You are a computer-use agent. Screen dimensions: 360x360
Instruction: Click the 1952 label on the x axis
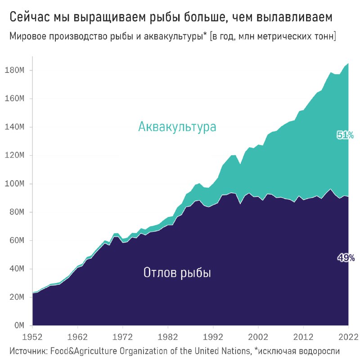32,336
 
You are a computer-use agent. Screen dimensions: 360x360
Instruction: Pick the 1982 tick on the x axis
168,336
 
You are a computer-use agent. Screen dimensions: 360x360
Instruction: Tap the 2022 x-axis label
347,336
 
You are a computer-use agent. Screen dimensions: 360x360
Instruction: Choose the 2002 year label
258,336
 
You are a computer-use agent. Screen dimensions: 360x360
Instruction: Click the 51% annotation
345,135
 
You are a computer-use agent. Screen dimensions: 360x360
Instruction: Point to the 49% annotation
346,258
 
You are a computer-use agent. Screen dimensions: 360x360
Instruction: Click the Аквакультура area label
177,127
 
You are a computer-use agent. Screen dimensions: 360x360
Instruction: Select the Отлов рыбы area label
177,272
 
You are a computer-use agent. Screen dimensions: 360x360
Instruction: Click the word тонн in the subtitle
323,36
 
